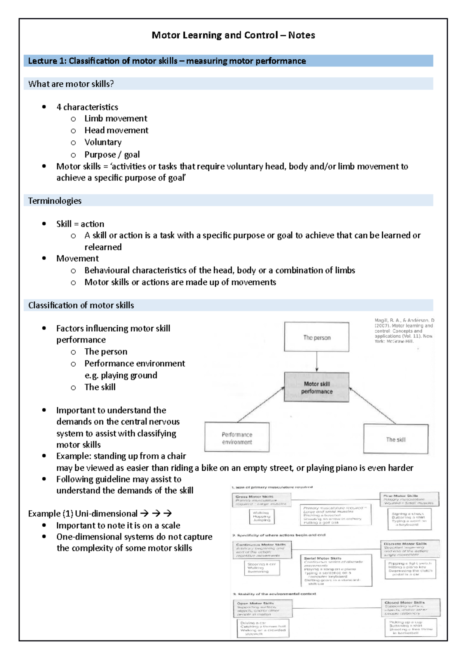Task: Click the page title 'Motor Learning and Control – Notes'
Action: (233, 35)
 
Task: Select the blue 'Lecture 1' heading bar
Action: (228, 61)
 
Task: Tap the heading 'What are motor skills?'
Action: (71, 84)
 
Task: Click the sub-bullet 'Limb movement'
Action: (116, 119)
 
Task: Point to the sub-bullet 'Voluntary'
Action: (103, 142)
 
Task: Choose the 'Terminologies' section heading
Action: (55, 201)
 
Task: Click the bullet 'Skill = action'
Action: (80, 224)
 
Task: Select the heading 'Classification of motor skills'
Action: (81, 306)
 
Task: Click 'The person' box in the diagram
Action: (316, 337)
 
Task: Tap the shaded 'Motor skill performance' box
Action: (316, 387)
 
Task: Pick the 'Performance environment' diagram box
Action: (237, 438)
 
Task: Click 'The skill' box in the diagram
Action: (396, 439)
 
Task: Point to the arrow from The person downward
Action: (317, 362)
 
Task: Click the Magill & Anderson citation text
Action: (403, 331)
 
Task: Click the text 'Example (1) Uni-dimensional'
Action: (83, 514)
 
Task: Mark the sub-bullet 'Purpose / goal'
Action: (112, 155)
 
